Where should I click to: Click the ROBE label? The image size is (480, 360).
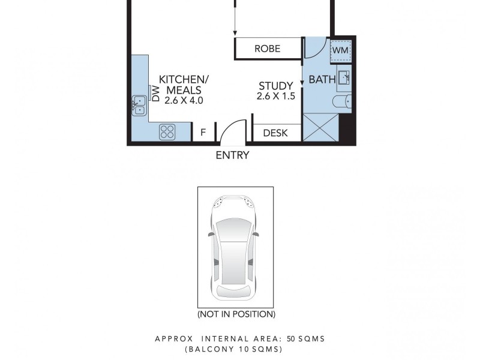point(267,49)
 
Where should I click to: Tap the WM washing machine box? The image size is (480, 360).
point(340,50)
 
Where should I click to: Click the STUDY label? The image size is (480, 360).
point(276,86)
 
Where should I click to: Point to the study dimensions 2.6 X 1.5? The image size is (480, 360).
point(276,96)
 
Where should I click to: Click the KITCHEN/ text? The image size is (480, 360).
point(184,79)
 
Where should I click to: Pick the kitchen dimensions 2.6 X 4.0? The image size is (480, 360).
point(184,101)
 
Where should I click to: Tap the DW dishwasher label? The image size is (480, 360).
point(155,94)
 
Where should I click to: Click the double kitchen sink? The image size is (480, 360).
point(139,105)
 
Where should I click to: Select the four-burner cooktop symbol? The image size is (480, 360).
point(167,132)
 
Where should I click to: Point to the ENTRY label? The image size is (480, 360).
point(232,155)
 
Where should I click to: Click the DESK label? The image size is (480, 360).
point(275,133)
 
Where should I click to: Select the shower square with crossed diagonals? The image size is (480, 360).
point(320,127)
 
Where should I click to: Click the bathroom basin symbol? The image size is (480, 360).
point(344,77)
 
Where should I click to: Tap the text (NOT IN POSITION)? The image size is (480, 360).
point(236,314)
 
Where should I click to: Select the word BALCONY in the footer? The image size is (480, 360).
point(208,349)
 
